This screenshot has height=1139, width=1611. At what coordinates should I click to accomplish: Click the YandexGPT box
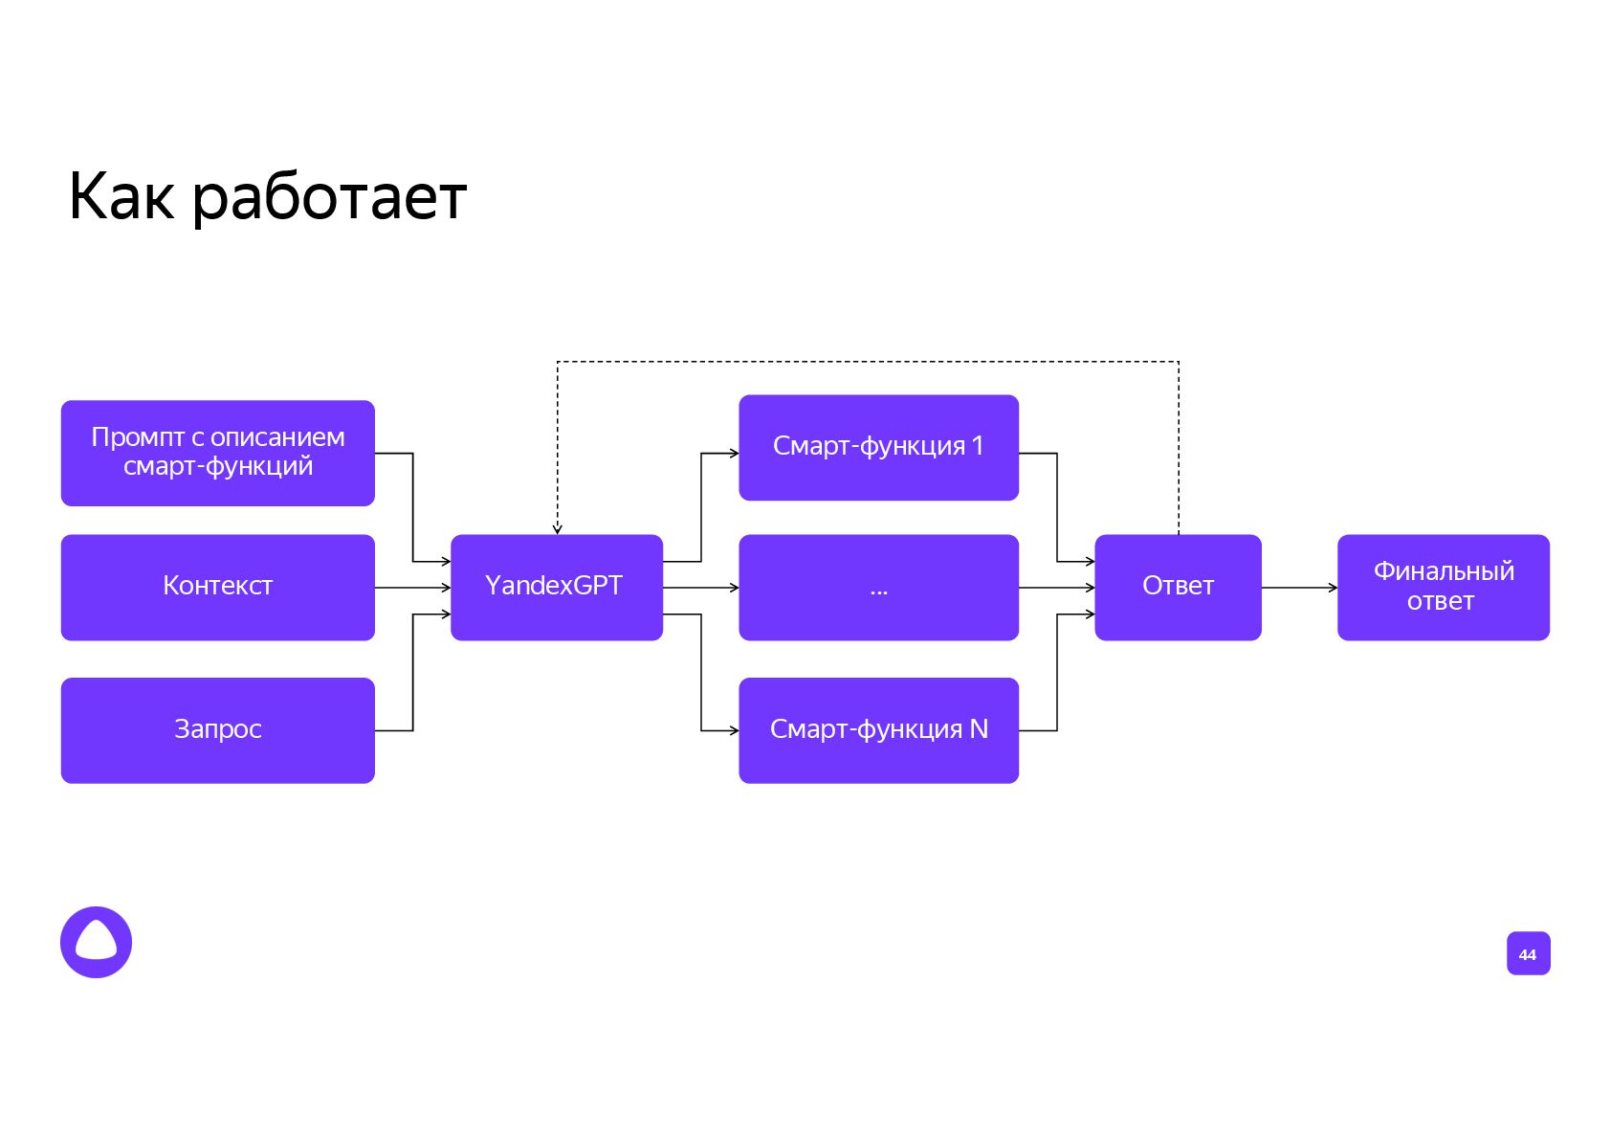click(x=556, y=587)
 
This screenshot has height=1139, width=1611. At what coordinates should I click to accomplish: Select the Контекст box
click(x=217, y=587)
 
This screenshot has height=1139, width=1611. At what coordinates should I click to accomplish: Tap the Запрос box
click(x=217, y=730)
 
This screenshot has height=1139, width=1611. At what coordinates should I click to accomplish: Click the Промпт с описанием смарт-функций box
click(x=217, y=453)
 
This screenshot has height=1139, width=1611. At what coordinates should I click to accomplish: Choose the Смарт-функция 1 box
click(x=878, y=447)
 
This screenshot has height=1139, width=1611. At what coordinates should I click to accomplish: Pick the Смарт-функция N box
click(x=878, y=730)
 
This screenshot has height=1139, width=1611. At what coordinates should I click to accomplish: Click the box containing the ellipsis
click(x=878, y=587)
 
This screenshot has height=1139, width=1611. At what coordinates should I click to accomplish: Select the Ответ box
click(x=1178, y=587)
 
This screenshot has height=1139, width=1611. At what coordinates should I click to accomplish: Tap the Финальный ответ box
click(x=1443, y=587)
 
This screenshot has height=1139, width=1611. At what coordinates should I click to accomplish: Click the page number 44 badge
click(x=1528, y=953)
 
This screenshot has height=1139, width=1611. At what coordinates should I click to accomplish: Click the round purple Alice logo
click(x=96, y=942)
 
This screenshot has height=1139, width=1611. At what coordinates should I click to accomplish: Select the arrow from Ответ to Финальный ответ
click(x=1299, y=588)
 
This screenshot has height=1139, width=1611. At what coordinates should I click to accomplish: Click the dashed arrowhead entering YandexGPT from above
click(x=557, y=528)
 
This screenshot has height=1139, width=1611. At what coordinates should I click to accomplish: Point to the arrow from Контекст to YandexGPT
click(x=412, y=588)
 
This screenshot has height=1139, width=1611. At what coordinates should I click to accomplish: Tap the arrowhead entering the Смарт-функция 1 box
click(x=733, y=453)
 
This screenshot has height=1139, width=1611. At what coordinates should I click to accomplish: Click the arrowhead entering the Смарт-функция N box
click(x=733, y=730)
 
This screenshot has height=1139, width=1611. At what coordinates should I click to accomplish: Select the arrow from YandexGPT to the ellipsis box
click(x=700, y=588)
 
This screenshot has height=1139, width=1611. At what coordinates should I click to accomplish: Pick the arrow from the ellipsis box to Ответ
click(x=1056, y=588)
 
